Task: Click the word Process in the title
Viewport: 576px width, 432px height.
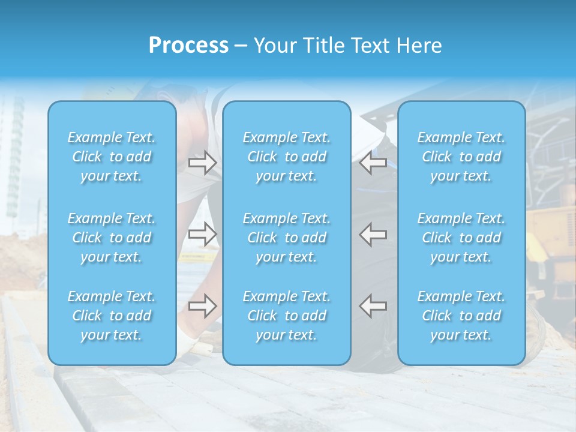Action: tap(188, 46)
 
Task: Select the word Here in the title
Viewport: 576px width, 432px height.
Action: tap(419, 46)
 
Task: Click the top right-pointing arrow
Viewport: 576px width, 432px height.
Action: tap(202, 162)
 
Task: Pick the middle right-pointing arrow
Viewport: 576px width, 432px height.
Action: tap(202, 234)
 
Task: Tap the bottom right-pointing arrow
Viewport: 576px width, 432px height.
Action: tap(202, 306)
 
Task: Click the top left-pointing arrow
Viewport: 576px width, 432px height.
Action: tap(373, 162)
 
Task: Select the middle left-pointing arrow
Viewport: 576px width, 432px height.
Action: tap(373, 234)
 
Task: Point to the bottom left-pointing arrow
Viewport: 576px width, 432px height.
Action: tap(373, 306)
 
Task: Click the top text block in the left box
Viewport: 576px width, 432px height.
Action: tap(112, 157)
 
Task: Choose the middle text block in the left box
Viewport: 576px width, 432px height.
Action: tap(112, 238)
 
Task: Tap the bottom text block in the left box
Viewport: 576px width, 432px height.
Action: tap(112, 316)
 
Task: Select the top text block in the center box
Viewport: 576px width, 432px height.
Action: tap(287, 157)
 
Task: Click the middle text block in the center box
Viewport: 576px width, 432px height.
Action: tap(287, 238)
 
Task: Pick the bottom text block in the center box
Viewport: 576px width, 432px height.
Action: tap(287, 316)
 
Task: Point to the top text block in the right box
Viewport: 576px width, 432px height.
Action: tap(461, 157)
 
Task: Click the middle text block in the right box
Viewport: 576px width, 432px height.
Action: tap(461, 238)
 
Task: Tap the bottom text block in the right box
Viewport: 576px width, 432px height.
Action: tap(461, 316)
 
